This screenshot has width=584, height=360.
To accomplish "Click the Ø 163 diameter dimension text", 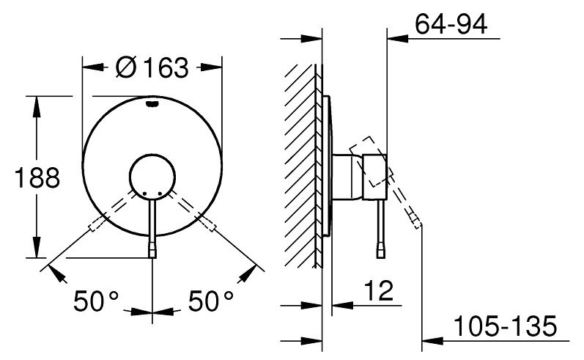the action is coord(152,68).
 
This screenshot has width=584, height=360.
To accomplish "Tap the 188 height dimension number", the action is coord(37,177).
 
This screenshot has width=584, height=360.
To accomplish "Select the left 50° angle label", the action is coord(96,301).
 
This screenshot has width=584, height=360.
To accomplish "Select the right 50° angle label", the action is coord(211,301).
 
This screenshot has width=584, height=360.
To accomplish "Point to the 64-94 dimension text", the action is coord(451,25).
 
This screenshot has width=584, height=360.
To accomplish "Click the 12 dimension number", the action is coord(378,290).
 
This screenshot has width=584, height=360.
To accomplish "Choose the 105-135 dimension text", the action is coord(506,326).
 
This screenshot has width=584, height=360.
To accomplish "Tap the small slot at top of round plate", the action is coord(152,104).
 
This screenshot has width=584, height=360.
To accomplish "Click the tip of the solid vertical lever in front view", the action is coord(152,257).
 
